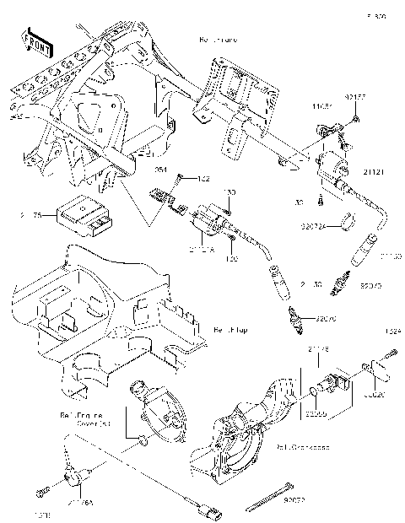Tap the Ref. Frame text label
[x=217, y=40]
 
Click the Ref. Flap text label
[x=228, y=329]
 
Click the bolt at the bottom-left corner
[x=40, y=492]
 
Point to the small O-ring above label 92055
[x=315, y=392]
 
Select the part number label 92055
[x=316, y=413]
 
